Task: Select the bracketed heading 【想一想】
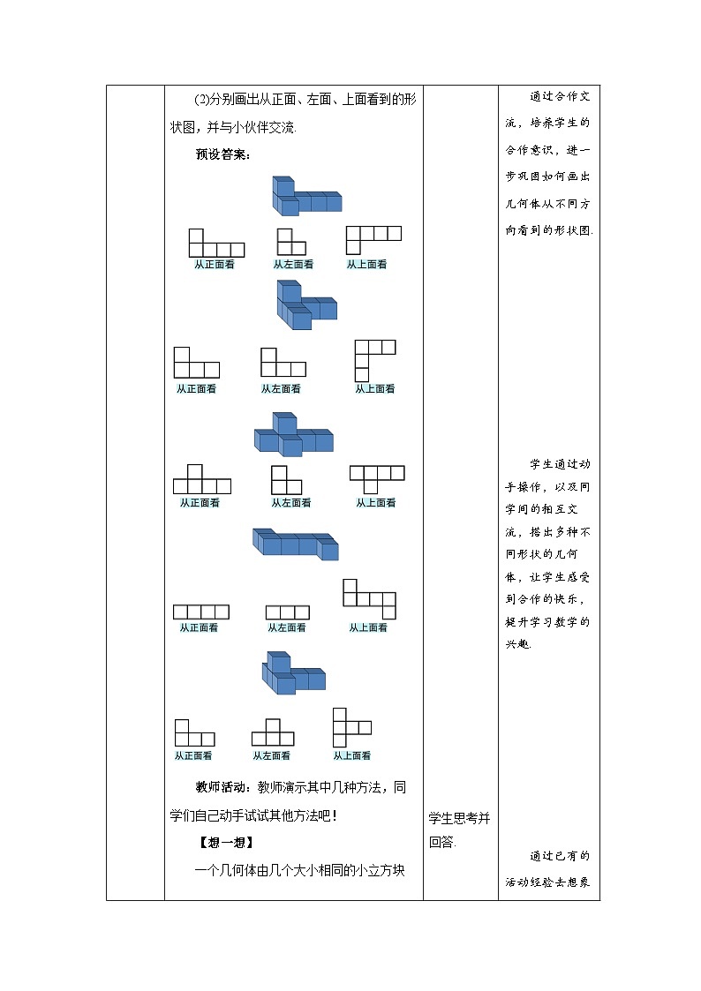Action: click(225, 842)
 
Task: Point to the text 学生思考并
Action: click(459, 818)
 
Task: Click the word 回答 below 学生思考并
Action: click(441, 842)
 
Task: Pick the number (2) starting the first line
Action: click(200, 98)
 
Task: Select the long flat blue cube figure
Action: click(296, 544)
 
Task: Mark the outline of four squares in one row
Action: click(201, 612)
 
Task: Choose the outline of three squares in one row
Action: click(287, 612)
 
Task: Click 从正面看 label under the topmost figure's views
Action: click(215, 264)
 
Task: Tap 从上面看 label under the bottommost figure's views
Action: click(352, 755)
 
